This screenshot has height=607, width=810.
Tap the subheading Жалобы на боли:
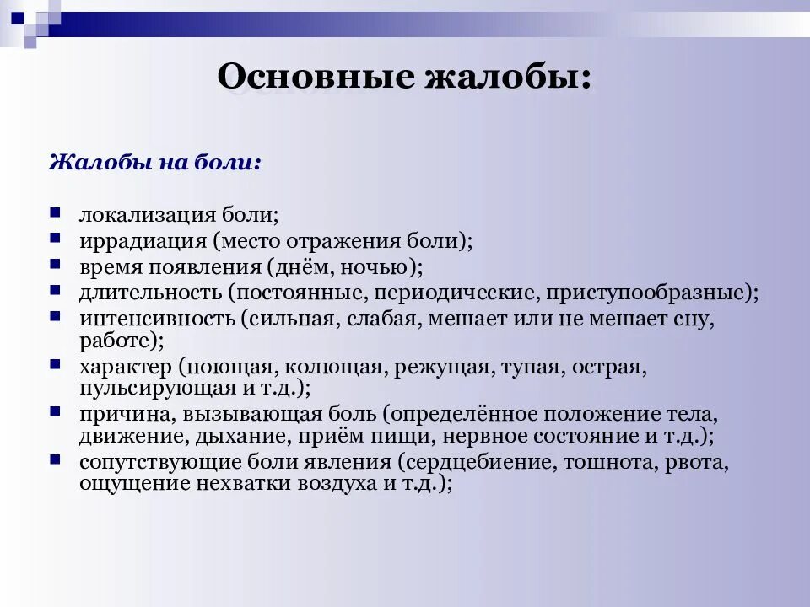(x=154, y=162)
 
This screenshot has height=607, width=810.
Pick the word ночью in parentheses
(x=384, y=267)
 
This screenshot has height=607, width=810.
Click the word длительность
(x=150, y=293)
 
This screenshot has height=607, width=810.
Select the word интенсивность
(x=156, y=320)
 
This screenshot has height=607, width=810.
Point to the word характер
(x=125, y=368)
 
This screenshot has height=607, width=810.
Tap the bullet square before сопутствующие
(x=55, y=459)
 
